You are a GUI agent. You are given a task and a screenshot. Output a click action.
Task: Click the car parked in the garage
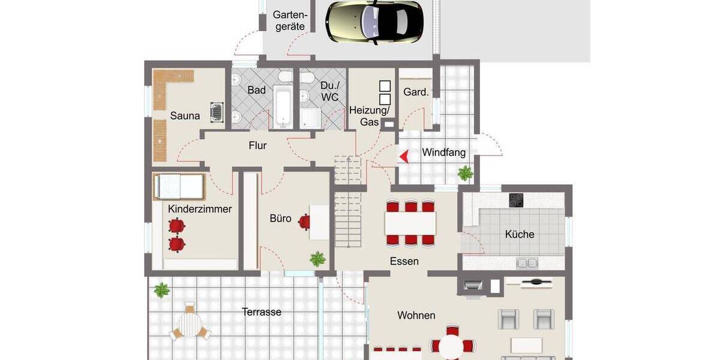(x=375, y=22)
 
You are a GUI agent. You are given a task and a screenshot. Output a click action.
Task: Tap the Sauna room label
(x=185, y=116)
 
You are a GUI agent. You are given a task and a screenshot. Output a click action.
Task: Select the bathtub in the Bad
(x=283, y=108)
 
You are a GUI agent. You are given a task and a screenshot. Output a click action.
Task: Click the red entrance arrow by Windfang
(x=404, y=157)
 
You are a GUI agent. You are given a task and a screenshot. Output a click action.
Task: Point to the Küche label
(x=520, y=234)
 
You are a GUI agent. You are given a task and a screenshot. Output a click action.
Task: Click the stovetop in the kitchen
(x=517, y=200)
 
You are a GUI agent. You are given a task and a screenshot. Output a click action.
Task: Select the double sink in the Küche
(x=527, y=262)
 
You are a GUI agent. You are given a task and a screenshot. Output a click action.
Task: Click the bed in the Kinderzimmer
(x=179, y=187)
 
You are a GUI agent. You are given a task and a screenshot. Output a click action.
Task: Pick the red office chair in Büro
(x=304, y=221)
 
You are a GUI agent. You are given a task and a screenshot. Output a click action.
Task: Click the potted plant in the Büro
(x=317, y=259)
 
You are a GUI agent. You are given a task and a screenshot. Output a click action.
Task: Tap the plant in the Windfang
(x=465, y=174)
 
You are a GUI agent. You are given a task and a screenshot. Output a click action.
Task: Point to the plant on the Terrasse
(x=161, y=290)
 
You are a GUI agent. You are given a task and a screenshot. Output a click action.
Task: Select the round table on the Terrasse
(x=190, y=326)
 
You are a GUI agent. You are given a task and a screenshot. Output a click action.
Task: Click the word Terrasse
(x=262, y=312)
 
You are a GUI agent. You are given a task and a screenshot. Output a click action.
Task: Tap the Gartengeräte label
(x=290, y=20)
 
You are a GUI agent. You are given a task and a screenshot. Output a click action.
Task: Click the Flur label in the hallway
(x=257, y=145)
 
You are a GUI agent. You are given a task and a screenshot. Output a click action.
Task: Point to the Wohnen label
(x=416, y=315)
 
